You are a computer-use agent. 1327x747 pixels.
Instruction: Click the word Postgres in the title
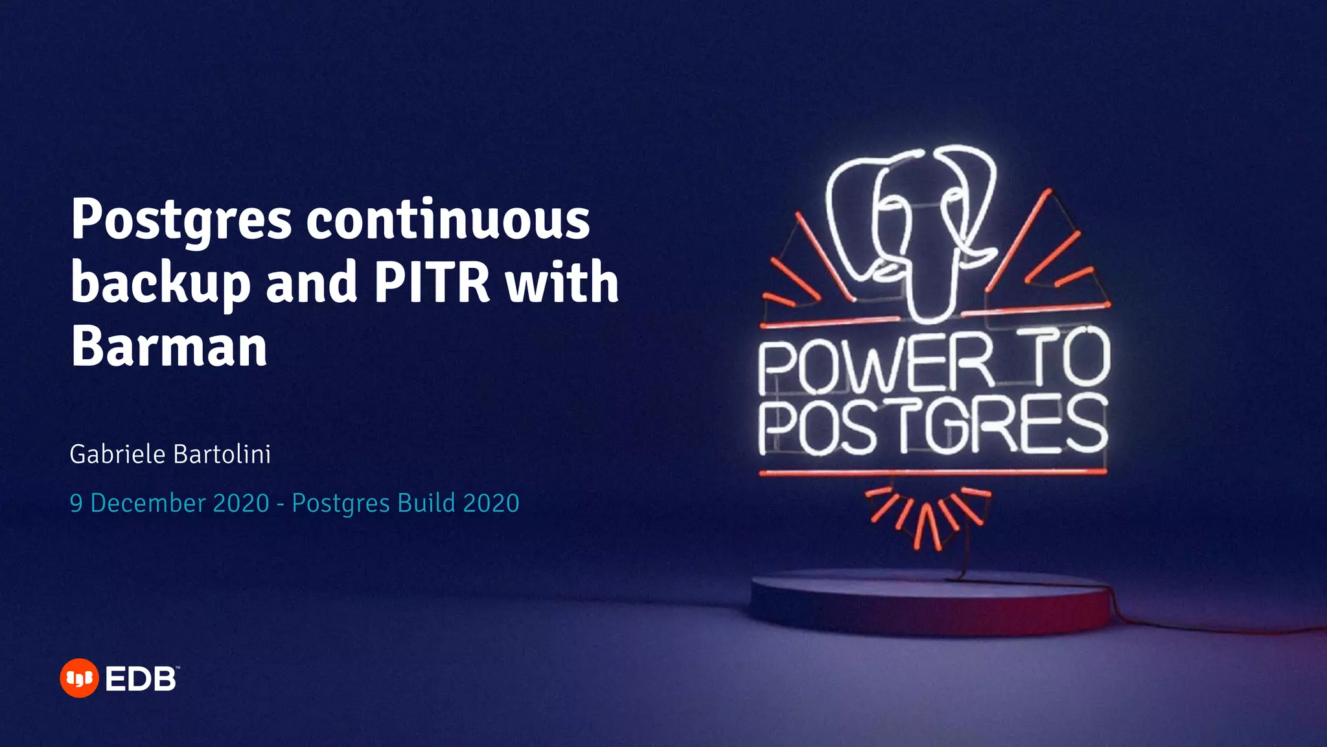coord(181,220)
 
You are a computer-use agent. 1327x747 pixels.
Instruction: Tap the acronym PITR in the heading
coord(432,283)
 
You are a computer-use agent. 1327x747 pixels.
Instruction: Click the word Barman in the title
coord(169,346)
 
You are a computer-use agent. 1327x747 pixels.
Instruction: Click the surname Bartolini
coord(222,455)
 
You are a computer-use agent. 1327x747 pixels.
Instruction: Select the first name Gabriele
coord(117,455)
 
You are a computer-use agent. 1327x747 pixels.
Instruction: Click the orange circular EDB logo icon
coord(79,678)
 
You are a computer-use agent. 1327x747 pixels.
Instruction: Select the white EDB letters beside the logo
coord(141,680)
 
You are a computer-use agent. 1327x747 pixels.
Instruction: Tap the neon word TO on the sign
coord(1068,358)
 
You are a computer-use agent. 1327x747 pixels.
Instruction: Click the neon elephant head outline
coord(914,227)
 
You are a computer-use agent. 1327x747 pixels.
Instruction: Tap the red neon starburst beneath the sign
coord(928,516)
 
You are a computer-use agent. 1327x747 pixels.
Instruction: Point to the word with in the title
coord(562,283)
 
